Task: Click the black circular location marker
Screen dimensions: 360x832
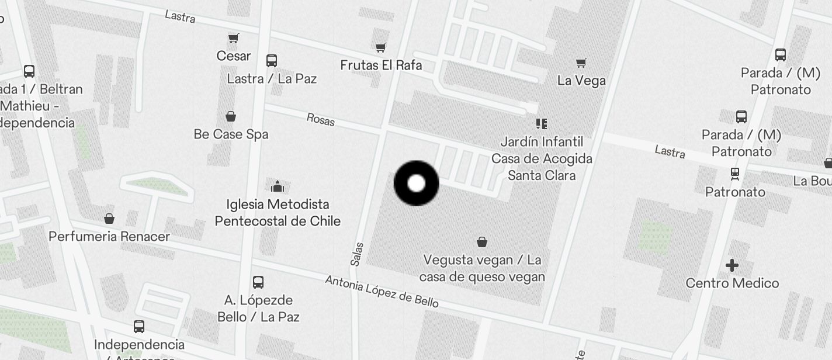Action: click(x=416, y=184)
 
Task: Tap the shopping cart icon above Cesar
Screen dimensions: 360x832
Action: click(x=234, y=39)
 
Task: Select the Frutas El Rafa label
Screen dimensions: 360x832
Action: click(x=381, y=65)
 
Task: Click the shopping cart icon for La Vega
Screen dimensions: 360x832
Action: click(x=581, y=63)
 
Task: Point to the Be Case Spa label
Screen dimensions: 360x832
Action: click(x=231, y=134)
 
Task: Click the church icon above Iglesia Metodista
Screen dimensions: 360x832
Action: click(x=277, y=186)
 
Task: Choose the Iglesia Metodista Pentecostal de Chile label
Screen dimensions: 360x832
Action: click(x=278, y=213)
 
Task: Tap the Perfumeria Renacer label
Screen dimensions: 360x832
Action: click(x=109, y=237)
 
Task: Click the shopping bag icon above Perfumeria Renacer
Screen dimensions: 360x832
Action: click(x=109, y=219)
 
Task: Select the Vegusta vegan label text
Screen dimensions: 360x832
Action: click(x=482, y=268)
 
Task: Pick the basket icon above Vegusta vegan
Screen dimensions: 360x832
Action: click(x=482, y=241)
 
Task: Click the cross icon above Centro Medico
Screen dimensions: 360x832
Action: click(x=732, y=266)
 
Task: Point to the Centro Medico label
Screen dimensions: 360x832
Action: click(x=732, y=283)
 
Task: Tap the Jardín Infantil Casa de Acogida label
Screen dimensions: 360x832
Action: click(x=542, y=158)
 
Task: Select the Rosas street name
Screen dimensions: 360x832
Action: click(x=321, y=119)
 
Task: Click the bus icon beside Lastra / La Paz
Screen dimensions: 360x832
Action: click(x=272, y=61)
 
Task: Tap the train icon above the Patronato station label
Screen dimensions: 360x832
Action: click(x=735, y=174)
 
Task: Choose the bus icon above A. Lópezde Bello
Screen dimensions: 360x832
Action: click(x=258, y=282)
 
